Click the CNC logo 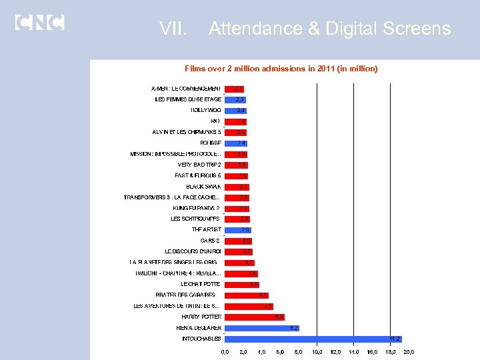pyautogui.click(x=39, y=22)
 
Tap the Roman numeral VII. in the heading pyautogui.click(x=174, y=29)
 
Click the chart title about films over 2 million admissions pyautogui.click(x=281, y=69)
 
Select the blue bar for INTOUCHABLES pyautogui.click(x=313, y=339)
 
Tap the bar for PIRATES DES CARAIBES pyautogui.click(x=247, y=295)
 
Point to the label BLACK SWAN pyautogui.click(x=203, y=187)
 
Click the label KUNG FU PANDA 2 pyautogui.click(x=196, y=208)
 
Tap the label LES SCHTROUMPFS pyautogui.click(x=196, y=219)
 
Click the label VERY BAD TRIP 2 pyautogui.click(x=199, y=165)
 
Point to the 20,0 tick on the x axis pyautogui.click(x=409, y=352)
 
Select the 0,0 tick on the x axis pyautogui.click(x=225, y=352)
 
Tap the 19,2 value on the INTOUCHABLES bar pyautogui.click(x=395, y=339)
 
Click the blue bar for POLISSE pyautogui.click(x=237, y=143)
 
